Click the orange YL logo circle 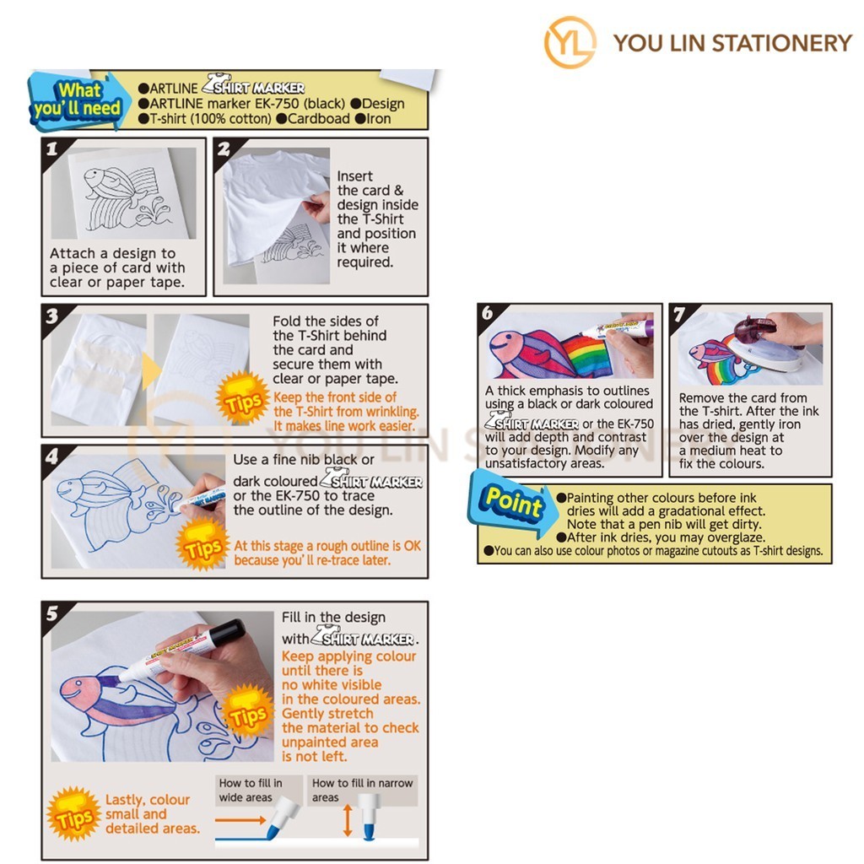[x=570, y=42]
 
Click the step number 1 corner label [x=52, y=148]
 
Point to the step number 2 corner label [x=224, y=148]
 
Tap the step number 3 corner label [x=52, y=316]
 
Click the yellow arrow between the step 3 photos [x=150, y=370]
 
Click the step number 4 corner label [x=52, y=456]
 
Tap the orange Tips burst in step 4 [x=203, y=544]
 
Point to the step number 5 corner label [x=52, y=613]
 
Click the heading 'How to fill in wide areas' [x=251, y=790]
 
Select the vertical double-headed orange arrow [x=347, y=820]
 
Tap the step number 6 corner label [x=488, y=314]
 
